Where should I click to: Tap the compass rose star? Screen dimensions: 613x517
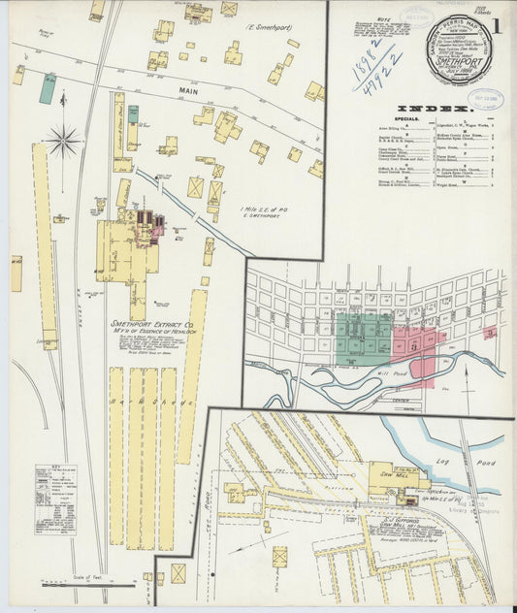[64, 142]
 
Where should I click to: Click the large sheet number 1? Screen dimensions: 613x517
[497, 26]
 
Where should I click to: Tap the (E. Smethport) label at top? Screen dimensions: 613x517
[271, 28]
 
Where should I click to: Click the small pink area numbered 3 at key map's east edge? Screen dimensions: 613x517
[491, 333]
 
